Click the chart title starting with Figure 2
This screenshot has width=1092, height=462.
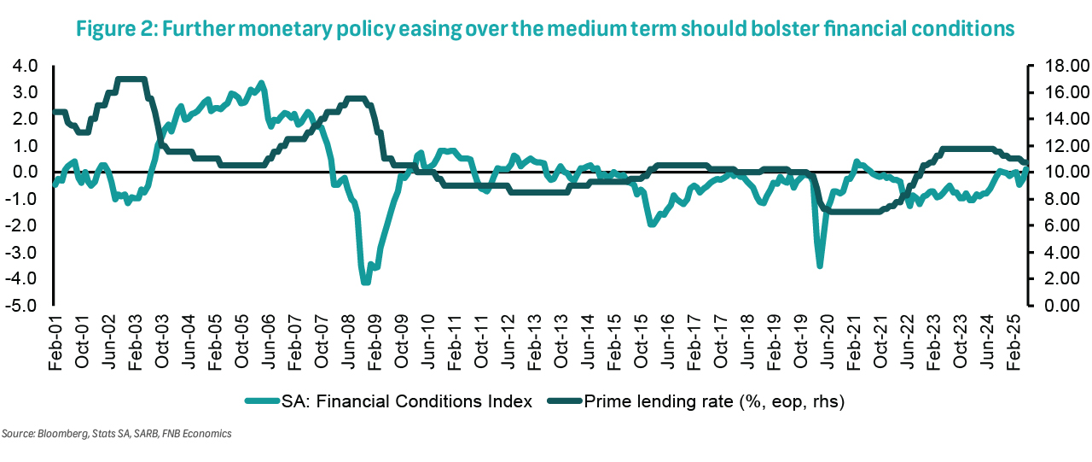click(545, 29)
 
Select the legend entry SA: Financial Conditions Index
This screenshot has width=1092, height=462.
click(400, 401)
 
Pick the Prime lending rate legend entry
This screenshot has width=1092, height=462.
click(712, 401)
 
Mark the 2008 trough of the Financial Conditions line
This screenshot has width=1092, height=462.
click(366, 281)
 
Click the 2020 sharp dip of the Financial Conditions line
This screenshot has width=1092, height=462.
click(820, 266)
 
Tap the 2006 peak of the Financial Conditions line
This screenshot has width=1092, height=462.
click(261, 84)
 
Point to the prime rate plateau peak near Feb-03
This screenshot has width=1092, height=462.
click(131, 79)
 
